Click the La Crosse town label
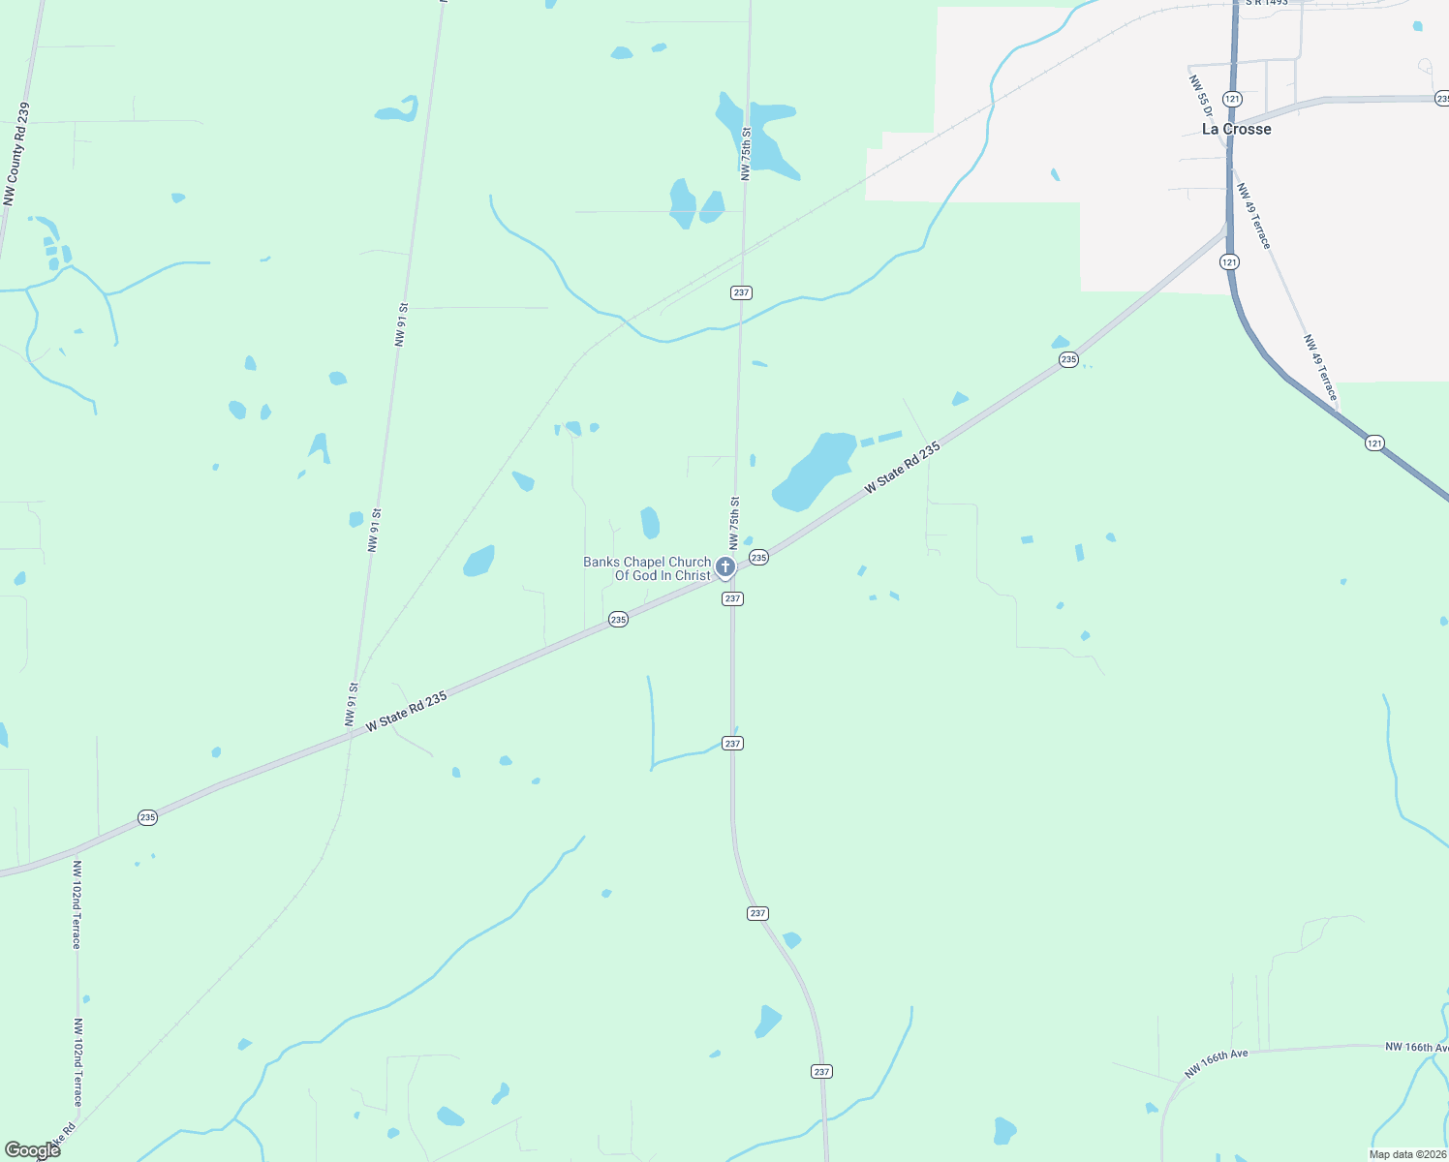1236,129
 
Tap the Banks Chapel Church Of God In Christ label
647,568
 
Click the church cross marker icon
724,566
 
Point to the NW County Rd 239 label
16,155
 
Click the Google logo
32,1150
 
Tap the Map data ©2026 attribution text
1406,1154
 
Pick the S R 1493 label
1267,3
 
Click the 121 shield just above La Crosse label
1231,99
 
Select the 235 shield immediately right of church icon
758,558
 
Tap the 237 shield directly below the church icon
732,598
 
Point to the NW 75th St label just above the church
735,523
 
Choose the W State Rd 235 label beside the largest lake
902,468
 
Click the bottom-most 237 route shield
821,1071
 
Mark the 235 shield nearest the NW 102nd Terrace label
147,817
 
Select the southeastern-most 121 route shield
1374,443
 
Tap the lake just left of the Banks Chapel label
479,561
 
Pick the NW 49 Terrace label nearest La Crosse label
1252,215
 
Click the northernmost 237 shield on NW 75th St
741,292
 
